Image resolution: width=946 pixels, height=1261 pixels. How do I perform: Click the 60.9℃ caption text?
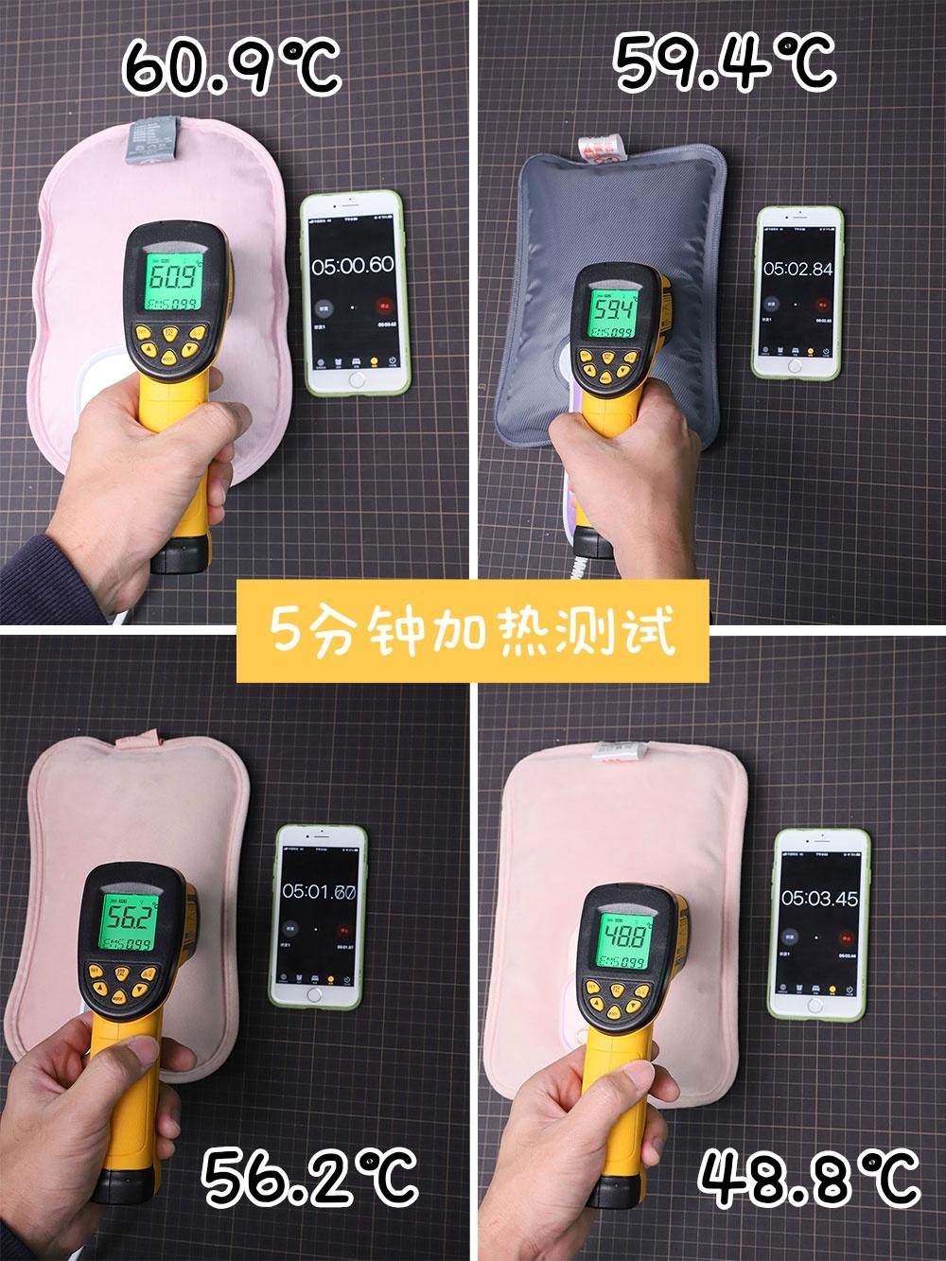[x=232, y=64]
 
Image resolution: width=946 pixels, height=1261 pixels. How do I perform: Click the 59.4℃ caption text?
[x=726, y=61]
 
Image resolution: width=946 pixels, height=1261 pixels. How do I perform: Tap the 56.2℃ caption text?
[x=310, y=1175]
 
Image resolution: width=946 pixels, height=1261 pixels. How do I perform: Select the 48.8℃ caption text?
[x=809, y=1175]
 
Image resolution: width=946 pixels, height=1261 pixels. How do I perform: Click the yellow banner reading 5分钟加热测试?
[x=473, y=631]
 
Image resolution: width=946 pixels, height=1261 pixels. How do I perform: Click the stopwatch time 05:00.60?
[x=353, y=266]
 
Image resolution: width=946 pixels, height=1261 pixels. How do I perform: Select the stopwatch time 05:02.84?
[x=798, y=269]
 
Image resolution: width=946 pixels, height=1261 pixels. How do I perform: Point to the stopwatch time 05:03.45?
[x=819, y=897]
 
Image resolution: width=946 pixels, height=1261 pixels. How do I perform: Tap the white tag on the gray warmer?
[x=604, y=147]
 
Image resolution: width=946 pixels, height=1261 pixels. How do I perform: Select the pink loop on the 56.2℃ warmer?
[x=138, y=737]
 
